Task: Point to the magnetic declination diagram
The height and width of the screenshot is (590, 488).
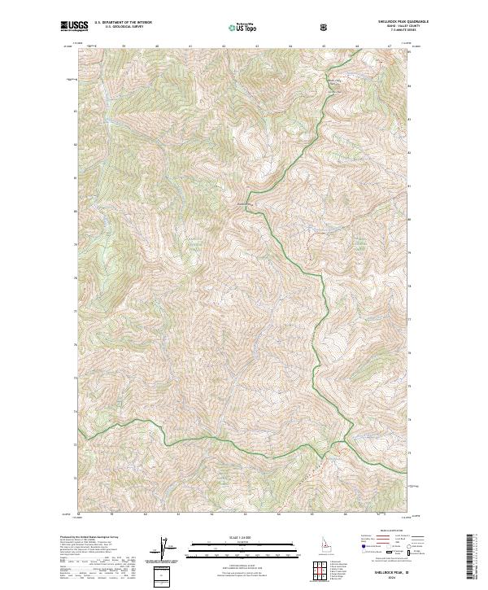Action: [169, 548]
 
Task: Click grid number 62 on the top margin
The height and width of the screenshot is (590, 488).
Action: [223, 47]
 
